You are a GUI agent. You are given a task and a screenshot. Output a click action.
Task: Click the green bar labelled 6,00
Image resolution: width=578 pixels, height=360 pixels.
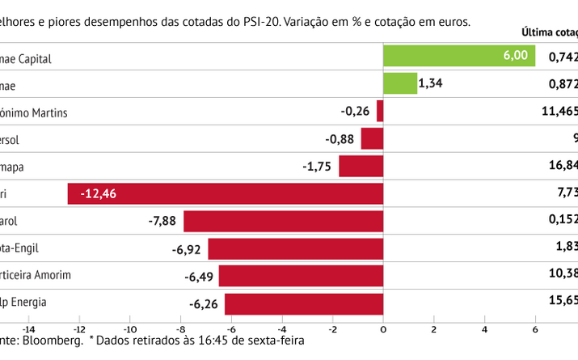pyautogui.click(x=458, y=56)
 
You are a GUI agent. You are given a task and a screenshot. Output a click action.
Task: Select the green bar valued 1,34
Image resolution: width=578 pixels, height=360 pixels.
pyautogui.click(x=399, y=83)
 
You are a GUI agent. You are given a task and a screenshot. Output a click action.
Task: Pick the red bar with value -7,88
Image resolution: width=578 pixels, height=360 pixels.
pyautogui.click(x=283, y=221)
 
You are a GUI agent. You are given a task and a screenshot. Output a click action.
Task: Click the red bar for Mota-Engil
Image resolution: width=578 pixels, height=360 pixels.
pyautogui.click(x=295, y=248)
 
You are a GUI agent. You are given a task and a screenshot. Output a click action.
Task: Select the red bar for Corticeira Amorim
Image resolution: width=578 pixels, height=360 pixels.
pyautogui.click(x=301, y=276)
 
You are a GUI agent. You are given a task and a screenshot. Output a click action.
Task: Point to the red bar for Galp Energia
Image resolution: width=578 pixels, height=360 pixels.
pyautogui.click(x=303, y=303)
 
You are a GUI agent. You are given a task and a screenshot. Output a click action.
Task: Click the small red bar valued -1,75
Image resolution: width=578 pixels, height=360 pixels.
pyautogui.click(x=361, y=166)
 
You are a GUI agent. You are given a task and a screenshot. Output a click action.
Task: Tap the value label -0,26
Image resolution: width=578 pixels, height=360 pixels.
pyautogui.click(x=357, y=111)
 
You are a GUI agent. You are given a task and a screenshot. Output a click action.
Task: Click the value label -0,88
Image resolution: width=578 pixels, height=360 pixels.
pyautogui.click(x=341, y=138)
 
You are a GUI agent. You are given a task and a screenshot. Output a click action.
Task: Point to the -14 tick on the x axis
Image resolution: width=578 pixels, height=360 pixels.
pyautogui.click(x=28, y=330)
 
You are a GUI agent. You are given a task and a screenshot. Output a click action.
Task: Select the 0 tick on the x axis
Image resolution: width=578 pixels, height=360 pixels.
pyautogui.click(x=383, y=330)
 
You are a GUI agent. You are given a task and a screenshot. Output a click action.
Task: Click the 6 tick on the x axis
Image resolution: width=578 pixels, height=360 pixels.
pyautogui.click(x=535, y=330)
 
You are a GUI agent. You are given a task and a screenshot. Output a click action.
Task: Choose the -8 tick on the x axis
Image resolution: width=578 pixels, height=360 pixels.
pyautogui.click(x=180, y=330)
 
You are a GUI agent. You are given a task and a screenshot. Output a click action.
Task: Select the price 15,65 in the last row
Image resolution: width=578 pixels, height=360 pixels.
pyautogui.click(x=563, y=303)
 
